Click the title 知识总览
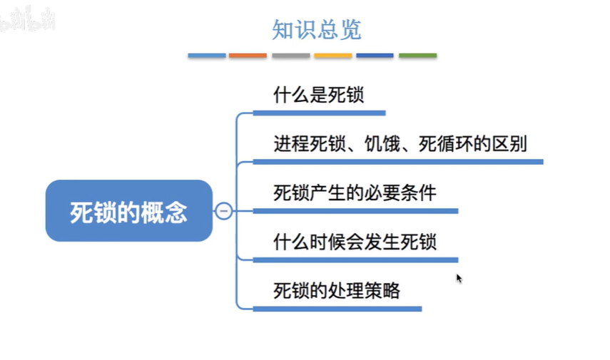click(316, 30)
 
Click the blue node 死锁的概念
click(129, 212)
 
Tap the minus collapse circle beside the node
click(223, 211)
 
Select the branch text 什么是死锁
click(319, 96)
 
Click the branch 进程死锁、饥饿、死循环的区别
click(400, 144)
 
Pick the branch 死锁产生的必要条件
click(355, 193)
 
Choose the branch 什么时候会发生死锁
click(355, 242)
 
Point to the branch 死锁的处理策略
click(337, 291)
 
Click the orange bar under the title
click(248, 56)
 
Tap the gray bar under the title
click(290, 56)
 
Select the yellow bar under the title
click(333, 56)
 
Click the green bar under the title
click(417, 56)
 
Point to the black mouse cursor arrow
click(459, 278)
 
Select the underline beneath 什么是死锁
click(320, 113)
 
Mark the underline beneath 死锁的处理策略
click(337, 309)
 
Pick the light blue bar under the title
click(207, 56)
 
